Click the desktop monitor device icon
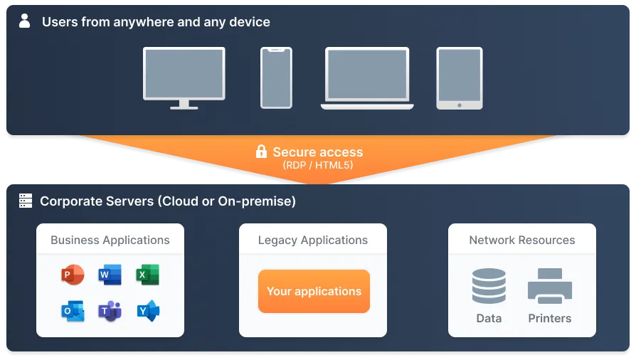(x=184, y=77)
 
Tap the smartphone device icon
(x=276, y=78)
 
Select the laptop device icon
(x=367, y=78)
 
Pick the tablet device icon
(x=459, y=78)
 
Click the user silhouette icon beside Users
(x=25, y=21)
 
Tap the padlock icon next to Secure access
(x=261, y=152)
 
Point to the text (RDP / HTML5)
(x=317, y=165)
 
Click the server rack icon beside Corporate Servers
(x=26, y=201)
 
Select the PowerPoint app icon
(x=73, y=275)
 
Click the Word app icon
(x=110, y=275)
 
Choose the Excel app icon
(x=148, y=275)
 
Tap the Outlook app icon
(x=73, y=311)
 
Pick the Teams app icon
(x=110, y=311)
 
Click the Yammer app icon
(x=148, y=311)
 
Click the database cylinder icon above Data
(x=489, y=286)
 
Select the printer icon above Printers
(x=550, y=286)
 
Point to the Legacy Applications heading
(x=313, y=240)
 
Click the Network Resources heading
(x=522, y=240)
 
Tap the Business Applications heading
(x=110, y=240)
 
